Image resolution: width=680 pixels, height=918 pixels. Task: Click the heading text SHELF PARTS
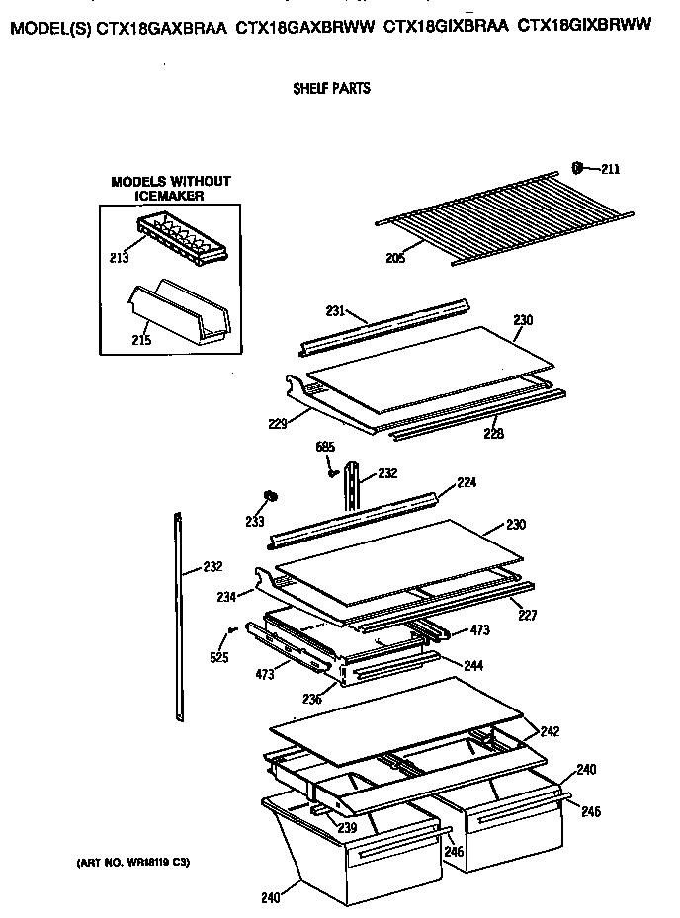pos(331,89)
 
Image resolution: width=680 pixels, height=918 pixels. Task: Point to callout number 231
pos(336,311)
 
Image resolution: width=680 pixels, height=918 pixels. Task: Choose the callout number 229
pos(278,424)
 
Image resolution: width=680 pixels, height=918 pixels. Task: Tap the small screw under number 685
pos(333,473)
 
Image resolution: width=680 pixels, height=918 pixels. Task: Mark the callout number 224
pos(466,484)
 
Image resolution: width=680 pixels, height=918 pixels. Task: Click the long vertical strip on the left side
pos(180,613)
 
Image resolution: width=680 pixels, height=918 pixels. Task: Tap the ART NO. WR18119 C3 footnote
pos(132,863)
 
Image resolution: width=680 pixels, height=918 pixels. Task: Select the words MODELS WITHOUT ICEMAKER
pos(170,189)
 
